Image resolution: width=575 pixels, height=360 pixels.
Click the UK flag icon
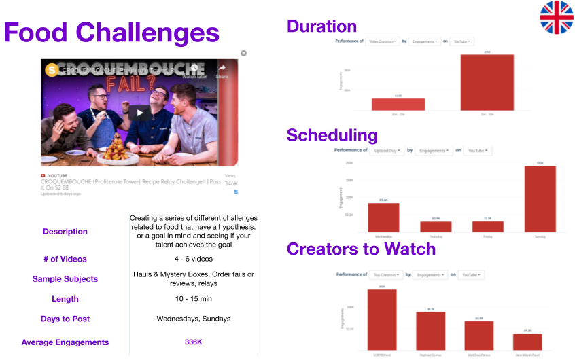click(x=557, y=18)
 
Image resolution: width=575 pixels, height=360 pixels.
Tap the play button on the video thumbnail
click(x=140, y=113)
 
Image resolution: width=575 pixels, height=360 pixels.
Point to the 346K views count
click(x=231, y=184)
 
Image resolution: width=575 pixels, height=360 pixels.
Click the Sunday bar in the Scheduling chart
click(x=540, y=199)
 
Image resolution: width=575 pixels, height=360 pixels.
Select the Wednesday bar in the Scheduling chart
click(x=383, y=217)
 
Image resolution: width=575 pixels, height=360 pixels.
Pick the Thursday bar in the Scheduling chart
click(x=435, y=226)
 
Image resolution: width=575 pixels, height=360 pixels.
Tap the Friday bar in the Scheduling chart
click(x=487, y=226)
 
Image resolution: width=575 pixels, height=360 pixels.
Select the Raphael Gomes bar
click(x=430, y=331)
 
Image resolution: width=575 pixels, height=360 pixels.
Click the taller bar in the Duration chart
click(x=487, y=82)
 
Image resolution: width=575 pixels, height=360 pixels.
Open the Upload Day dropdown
click(x=387, y=151)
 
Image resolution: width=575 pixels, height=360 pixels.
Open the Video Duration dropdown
click(x=382, y=41)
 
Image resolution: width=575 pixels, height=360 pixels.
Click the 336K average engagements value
click(x=193, y=342)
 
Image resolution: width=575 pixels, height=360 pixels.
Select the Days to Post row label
click(x=65, y=319)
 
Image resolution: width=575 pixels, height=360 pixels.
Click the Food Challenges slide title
click(x=112, y=32)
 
